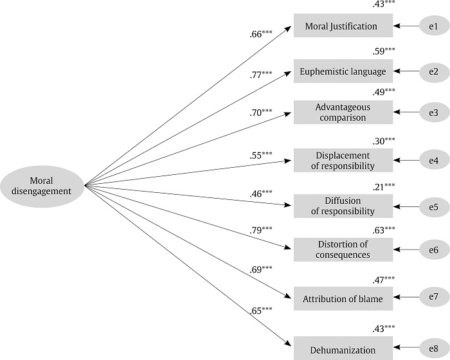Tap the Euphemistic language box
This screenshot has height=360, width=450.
[x=343, y=71]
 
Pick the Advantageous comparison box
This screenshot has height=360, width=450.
[x=343, y=113]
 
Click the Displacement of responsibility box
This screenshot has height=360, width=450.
[x=343, y=160]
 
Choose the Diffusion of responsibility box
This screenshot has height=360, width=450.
[x=343, y=206]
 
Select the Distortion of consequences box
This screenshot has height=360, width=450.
[x=343, y=249]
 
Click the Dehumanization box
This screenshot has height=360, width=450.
[x=343, y=349]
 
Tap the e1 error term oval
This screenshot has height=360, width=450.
[x=433, y=26]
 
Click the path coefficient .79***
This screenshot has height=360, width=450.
[x=261, y=230]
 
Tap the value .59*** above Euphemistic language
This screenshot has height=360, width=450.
[x=384, y=50]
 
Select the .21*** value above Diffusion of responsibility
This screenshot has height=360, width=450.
[x=384, y=186]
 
